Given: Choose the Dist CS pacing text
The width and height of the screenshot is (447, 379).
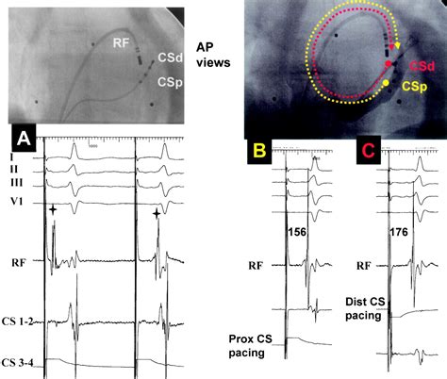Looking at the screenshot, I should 366,308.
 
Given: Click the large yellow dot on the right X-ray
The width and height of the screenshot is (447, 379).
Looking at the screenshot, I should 388,86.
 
